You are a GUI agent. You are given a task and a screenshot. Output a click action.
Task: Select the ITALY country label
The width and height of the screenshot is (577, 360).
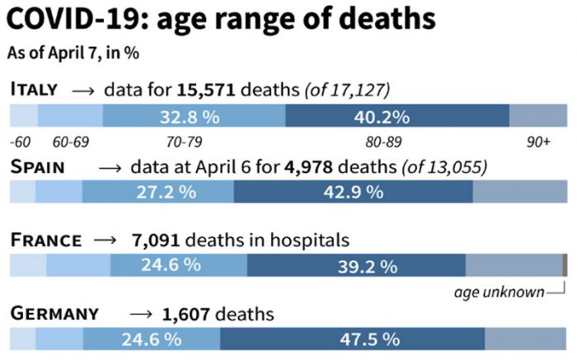[34, 88]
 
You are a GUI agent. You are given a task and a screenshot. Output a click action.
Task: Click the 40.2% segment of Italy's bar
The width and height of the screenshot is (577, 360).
[397, 115]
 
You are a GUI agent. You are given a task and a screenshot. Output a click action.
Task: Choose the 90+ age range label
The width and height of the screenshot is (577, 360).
[538, 142]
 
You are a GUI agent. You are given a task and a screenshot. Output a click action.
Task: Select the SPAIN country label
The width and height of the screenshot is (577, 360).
[38, 167]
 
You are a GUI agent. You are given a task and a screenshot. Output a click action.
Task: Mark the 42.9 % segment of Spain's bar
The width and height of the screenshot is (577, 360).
[354, 193]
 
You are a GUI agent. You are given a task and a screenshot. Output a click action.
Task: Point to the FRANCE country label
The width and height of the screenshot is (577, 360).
[46, 241]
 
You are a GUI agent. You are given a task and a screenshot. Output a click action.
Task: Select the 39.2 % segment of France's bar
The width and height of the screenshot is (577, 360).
[356, 266]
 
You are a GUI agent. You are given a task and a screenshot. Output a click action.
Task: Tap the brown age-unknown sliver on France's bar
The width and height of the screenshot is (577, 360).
[565, 265]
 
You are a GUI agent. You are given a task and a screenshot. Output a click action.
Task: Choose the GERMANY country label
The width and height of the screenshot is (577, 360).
[54, 314]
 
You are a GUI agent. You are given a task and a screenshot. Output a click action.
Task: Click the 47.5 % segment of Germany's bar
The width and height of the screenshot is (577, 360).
[353, 339]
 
